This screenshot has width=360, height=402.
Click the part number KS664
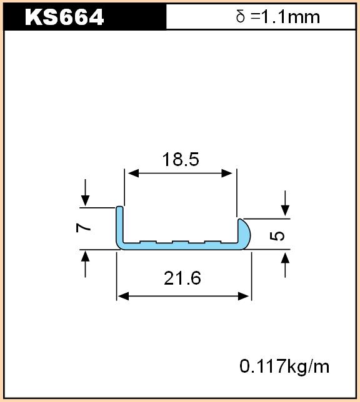64,17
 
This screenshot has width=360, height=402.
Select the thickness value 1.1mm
291,17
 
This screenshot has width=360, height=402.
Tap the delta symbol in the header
241,17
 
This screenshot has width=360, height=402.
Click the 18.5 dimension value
181,159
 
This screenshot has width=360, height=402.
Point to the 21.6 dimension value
182,278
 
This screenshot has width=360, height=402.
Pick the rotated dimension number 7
84,227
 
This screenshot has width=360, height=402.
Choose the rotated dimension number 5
277,236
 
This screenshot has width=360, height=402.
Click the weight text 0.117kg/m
284,366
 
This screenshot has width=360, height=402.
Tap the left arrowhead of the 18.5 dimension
133,174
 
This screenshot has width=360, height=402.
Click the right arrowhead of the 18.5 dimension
227,174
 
